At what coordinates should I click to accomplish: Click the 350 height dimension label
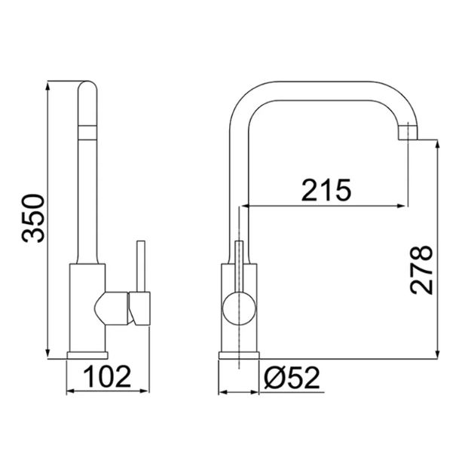(x=33, y=218)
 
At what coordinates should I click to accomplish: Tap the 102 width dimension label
(x=107, y=376)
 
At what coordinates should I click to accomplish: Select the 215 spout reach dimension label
(x=326, y=190)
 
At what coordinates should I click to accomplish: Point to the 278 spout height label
(x=421, y=270)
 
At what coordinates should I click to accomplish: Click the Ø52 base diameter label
(x=292, y=378)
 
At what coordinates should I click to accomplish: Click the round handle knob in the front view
(x=239, y=308)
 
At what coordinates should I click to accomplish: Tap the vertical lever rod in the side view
(x=141, y=266)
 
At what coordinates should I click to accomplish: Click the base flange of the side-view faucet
(x=87, y=355)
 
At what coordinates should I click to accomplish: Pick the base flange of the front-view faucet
(x=239, y=355)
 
